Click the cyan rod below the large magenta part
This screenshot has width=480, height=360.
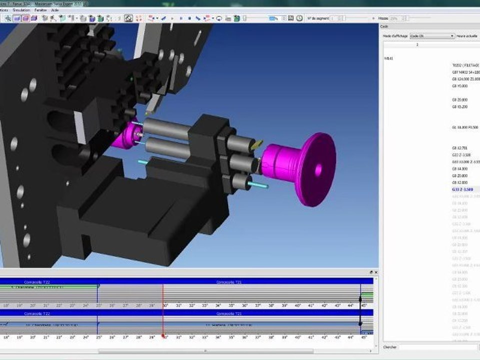258,186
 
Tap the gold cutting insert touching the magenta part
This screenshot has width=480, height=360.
256,145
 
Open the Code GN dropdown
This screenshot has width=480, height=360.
452,36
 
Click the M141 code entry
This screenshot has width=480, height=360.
388,58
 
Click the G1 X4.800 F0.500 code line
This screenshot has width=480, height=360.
465,127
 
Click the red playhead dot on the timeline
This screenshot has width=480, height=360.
163,336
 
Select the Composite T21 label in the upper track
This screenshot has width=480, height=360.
229,282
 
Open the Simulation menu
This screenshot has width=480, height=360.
20,9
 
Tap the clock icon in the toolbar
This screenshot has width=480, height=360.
299,18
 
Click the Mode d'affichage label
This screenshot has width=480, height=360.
395,36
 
